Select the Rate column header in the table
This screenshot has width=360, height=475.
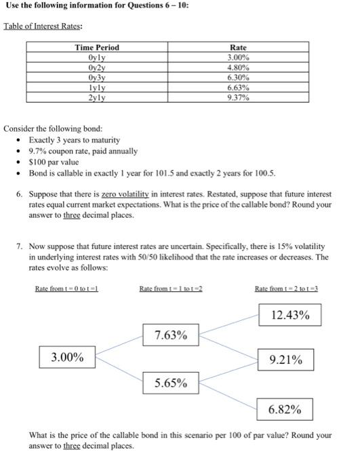pos(238,47)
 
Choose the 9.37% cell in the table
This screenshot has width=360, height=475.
pos(238,97)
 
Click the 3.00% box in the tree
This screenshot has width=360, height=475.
pos(68,357)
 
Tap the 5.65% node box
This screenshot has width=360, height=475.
pos(171,383)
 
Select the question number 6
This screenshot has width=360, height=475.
pos(20,193)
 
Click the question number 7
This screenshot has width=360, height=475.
pos(20,246)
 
